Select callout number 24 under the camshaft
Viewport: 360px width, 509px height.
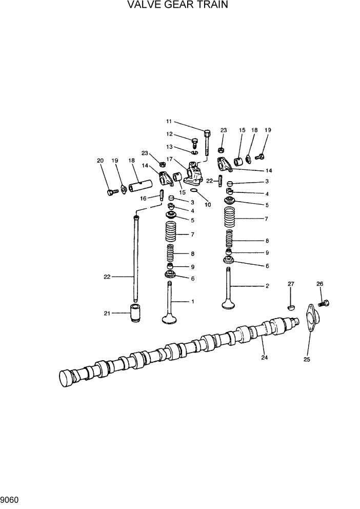click(x=265, y=358)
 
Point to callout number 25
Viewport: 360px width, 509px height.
click(x=307, y=359)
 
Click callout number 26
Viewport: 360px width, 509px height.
click(x=319, y=284)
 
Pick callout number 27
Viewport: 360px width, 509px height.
click(x=291, y=284)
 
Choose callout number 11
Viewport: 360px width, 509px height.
click(x=169, y=122)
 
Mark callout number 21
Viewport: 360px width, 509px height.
click(x=107, y=314)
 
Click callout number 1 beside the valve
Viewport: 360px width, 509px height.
click(x=192, y=301)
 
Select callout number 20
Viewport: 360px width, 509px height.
click(x=100, y=161)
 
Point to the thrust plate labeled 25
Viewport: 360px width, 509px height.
click(x=311, y=319)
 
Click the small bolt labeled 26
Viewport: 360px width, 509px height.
click(x=324, y=303)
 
